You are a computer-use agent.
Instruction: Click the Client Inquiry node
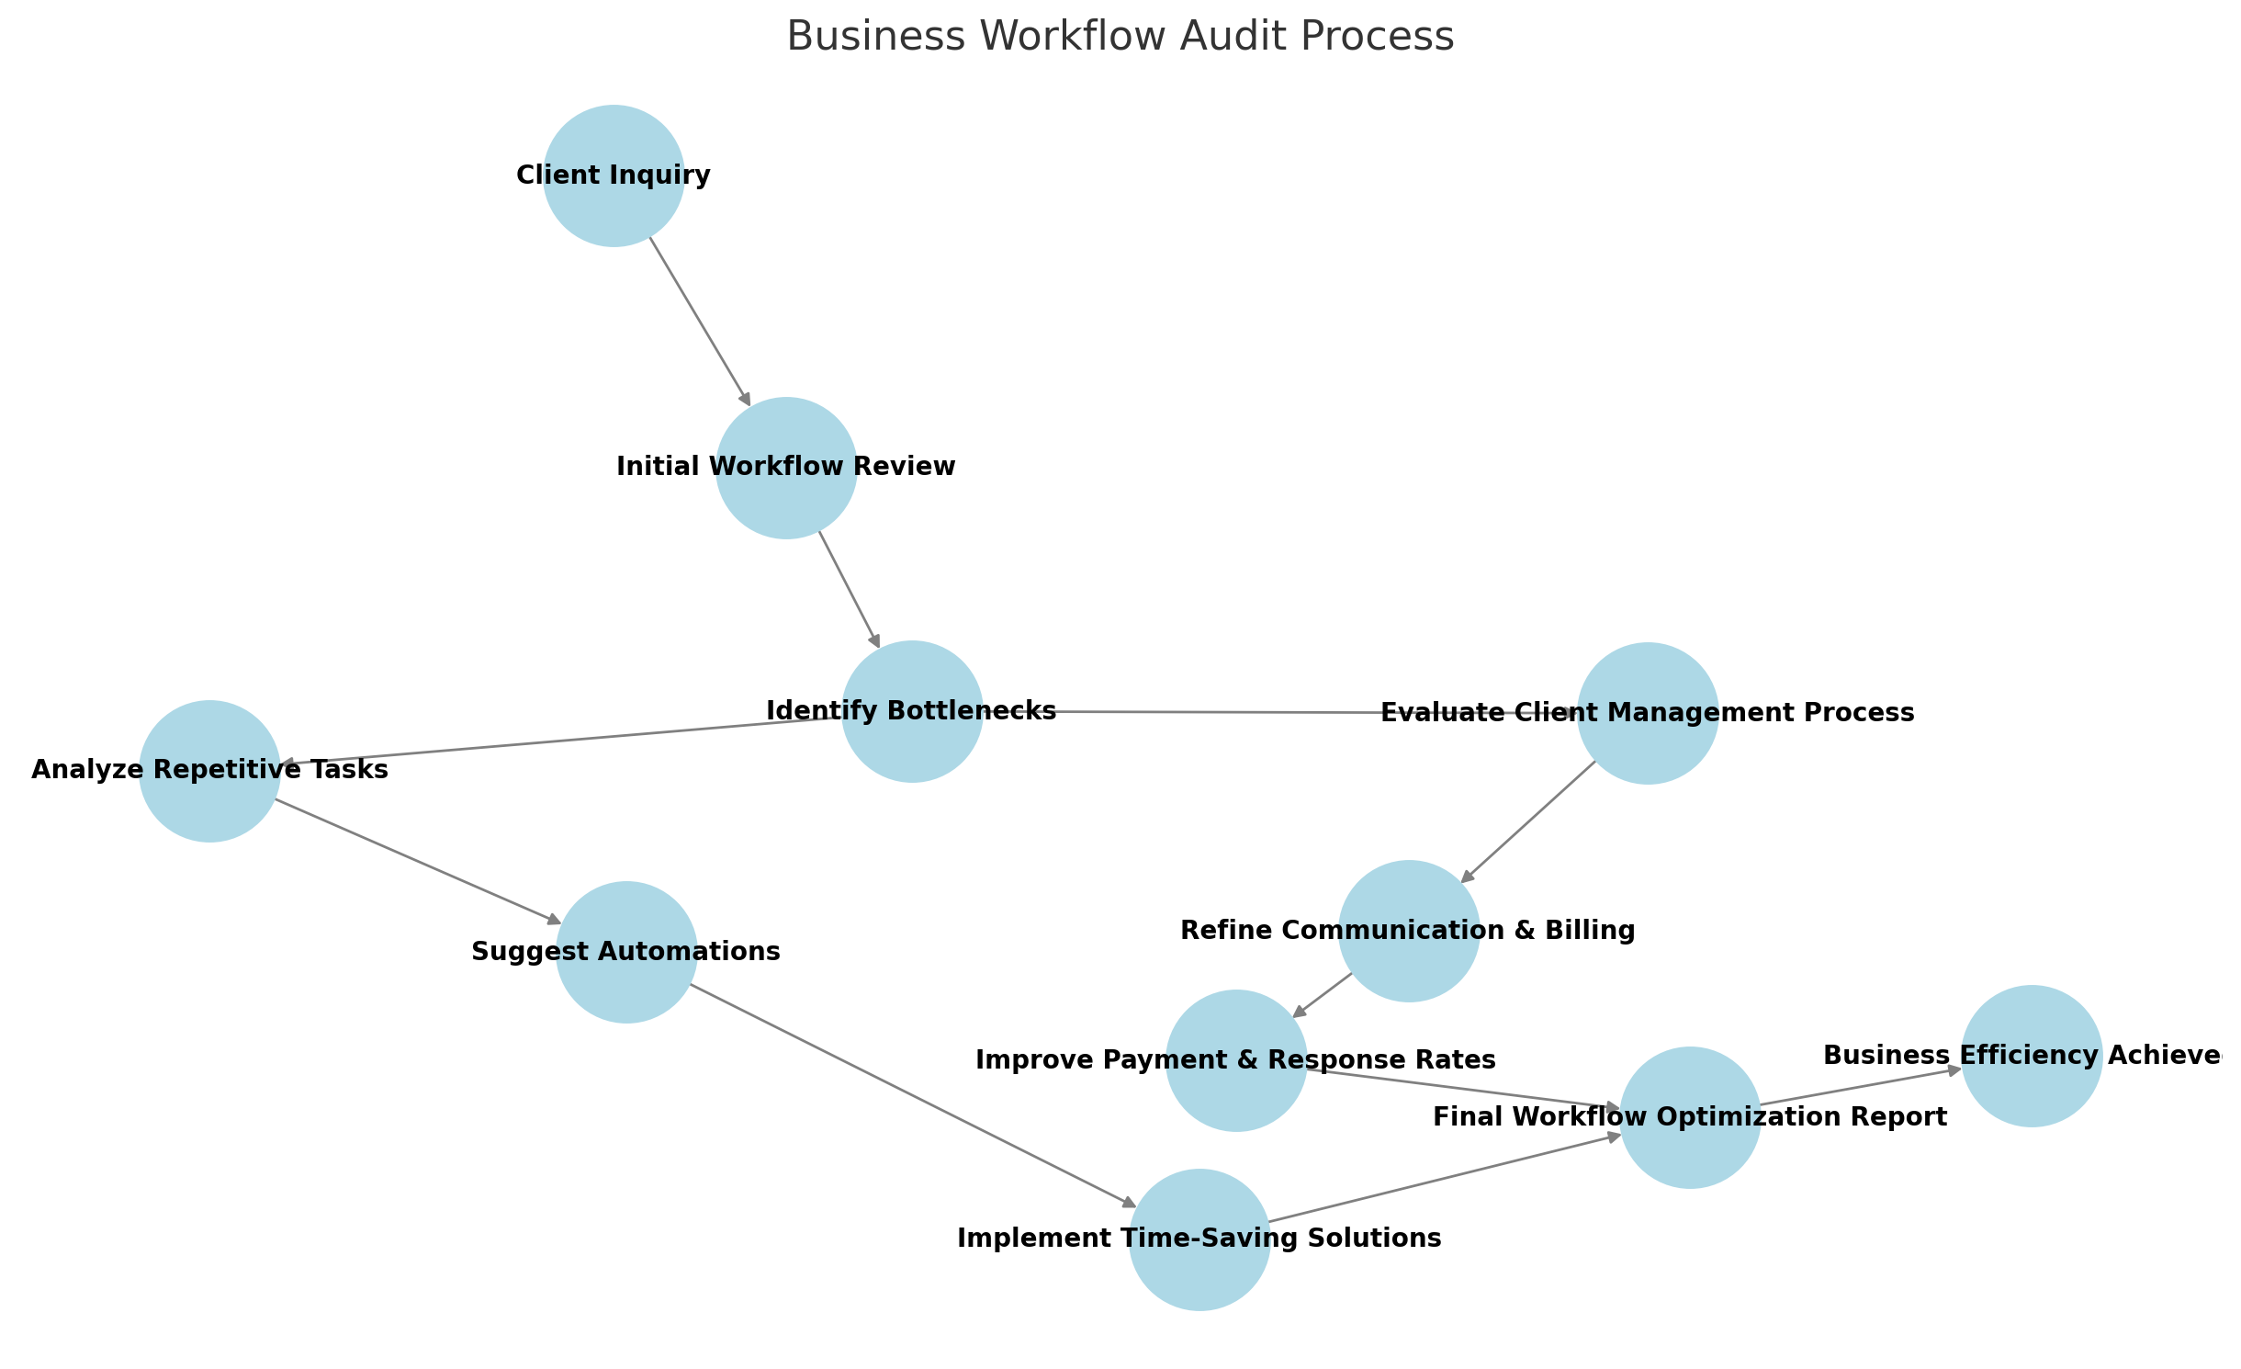click(x=614, y=175)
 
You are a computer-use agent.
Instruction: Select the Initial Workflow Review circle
click(x=786, y=468)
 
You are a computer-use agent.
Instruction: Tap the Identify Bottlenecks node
click(x=912, y=711)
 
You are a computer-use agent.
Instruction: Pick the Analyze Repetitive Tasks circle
click(x=209, y=771)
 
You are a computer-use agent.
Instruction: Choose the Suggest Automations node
click(x=626, y=952)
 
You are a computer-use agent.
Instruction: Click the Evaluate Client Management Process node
click(x=1648, y=713)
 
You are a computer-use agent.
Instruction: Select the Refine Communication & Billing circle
click(x=1409, y=931)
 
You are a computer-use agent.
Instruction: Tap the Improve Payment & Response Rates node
click(x=1236, y=1060)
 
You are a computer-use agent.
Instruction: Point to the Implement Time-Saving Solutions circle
click(x=1199, y=1239)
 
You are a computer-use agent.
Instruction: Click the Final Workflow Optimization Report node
click(x=1690, y=1117)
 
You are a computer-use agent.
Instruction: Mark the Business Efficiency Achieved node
click(x=2032, y=1056)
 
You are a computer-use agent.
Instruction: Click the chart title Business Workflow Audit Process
click(x=1120, y=37)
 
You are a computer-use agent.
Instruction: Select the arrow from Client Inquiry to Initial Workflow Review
click(x=700, y=321)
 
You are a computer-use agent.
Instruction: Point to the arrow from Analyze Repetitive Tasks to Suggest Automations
click(x=418, y=861)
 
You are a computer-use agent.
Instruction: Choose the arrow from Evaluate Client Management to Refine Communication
click(x=1528, y=821)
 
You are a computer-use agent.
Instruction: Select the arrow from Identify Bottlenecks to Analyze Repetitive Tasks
click(x=560, y=741)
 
